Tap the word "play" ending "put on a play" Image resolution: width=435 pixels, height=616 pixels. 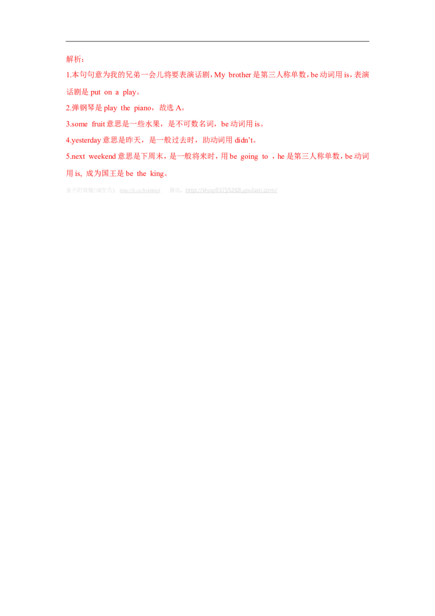tap(131, 93)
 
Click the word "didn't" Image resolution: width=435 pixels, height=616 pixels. tap(241, 140)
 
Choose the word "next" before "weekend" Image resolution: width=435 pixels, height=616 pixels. tap(76, 157)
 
